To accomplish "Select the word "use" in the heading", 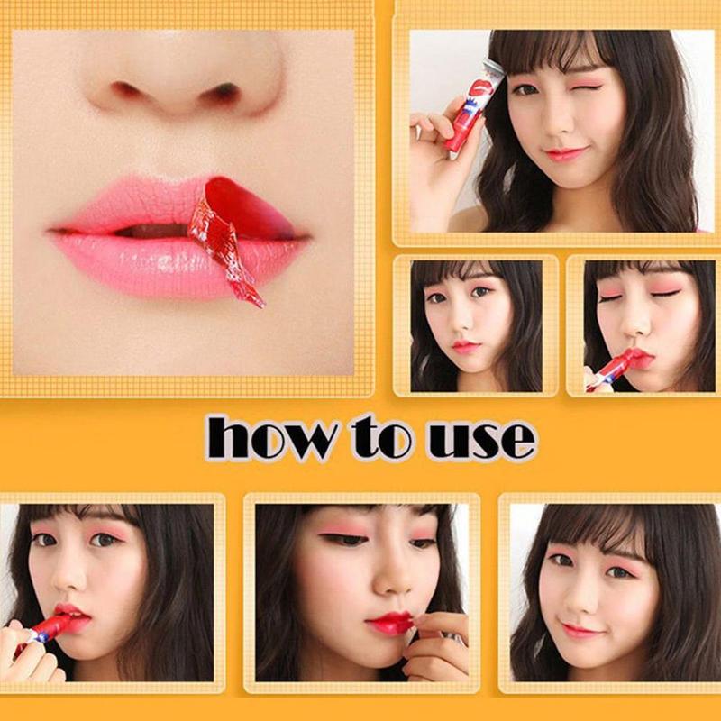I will tap(481, 438).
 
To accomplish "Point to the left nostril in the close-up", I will tap(126, 90).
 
